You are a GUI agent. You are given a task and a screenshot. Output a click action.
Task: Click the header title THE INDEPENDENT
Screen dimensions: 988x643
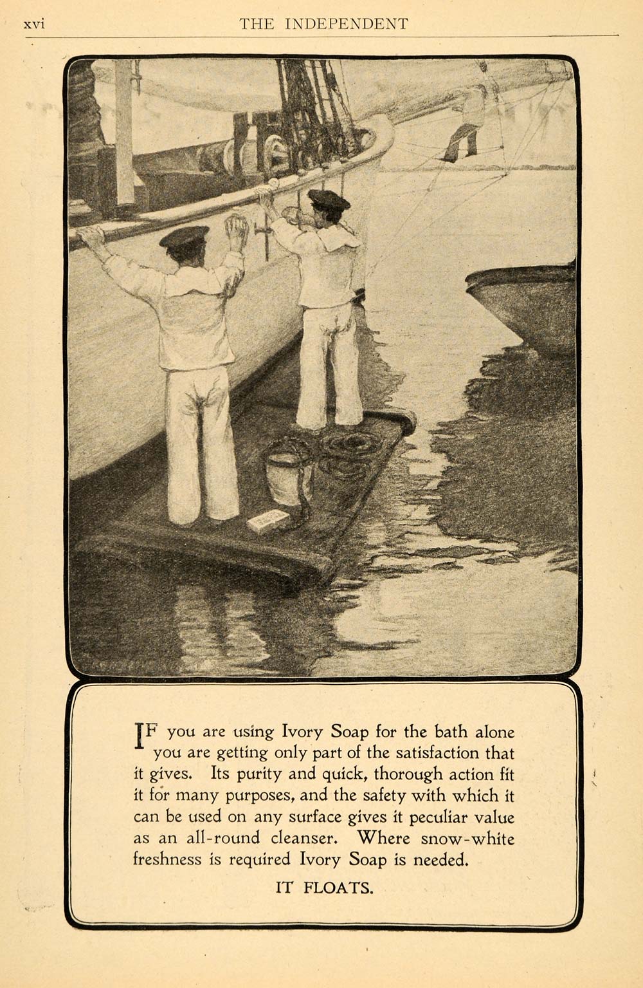tap(323, 24)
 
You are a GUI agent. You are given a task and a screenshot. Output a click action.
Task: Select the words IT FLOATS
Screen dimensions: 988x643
tap(324, 889)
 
